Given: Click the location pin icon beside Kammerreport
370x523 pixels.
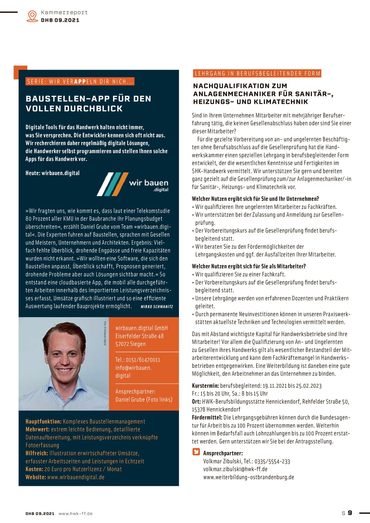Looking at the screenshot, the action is pos(32,16).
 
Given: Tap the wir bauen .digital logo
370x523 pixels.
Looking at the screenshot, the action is pos(133,184).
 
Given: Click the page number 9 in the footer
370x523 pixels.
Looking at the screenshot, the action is pos(350,513).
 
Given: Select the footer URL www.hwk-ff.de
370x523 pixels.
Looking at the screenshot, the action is pos(75,514).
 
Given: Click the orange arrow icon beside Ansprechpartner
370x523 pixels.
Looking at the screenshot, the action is pos(196,452).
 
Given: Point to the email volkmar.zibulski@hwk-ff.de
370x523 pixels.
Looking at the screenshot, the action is pos(235,469).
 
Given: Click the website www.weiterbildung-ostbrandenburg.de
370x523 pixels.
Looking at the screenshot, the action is pos(248,477).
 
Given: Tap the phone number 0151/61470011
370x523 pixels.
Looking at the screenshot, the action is pos(143,360).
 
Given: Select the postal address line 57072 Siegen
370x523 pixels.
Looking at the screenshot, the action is pos(131,344).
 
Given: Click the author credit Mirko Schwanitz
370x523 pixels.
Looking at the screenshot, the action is pos(157,307).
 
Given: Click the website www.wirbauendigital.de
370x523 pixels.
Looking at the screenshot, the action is pos(76,477).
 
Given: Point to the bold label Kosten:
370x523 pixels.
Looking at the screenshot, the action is pos(34,469).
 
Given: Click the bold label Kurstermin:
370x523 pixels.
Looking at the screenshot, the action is pos(205,386).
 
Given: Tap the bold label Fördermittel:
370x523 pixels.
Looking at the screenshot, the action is pos(207,418).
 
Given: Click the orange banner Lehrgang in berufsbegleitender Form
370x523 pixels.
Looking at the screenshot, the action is pos(257,74).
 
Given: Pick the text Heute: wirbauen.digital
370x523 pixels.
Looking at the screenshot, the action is pos(52,173).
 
